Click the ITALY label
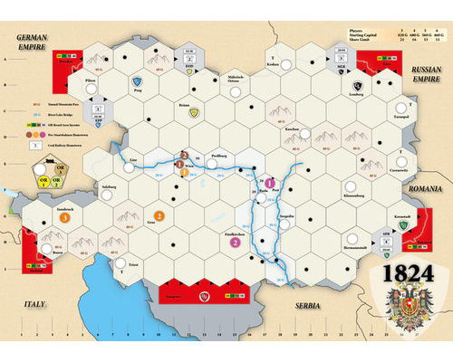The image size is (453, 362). click(x=34, y=305)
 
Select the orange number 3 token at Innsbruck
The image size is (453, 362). click(x=65, y=218)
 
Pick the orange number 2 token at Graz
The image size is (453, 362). click(x=159, y=215)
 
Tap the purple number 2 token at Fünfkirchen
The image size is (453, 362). click(x=235, y=242)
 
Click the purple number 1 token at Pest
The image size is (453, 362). click(x=269, y=185)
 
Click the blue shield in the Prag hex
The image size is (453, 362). click(x=137, y=80)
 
